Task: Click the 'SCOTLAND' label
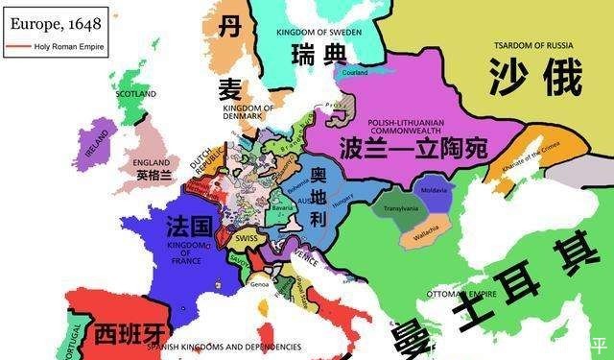(x=135, y=94)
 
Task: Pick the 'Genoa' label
(x=259, y=284)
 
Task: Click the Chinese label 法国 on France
(x=189, y=228)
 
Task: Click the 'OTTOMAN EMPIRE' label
(x=451, y=293)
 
